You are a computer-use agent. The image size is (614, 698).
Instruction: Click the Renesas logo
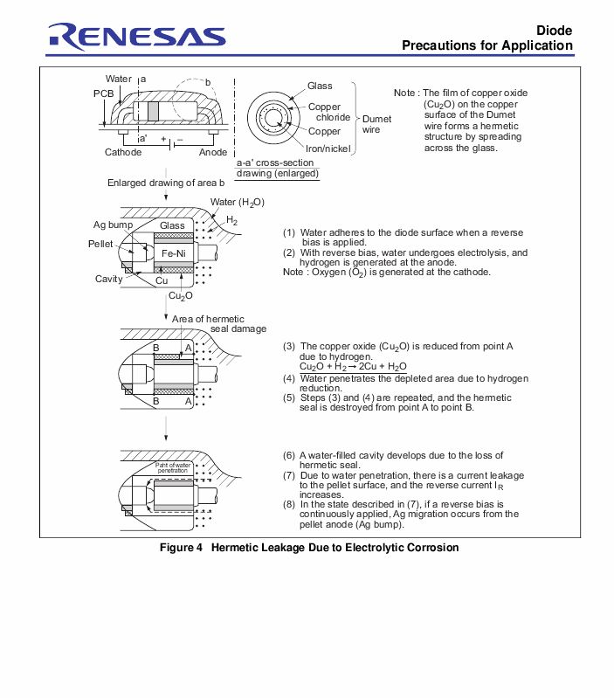[136, 37]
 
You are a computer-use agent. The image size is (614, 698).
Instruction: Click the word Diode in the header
[554, 30]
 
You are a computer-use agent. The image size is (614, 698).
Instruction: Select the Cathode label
[123, 152]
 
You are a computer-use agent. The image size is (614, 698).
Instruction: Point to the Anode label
[213, 152]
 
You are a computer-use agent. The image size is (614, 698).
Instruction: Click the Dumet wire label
[376, 123]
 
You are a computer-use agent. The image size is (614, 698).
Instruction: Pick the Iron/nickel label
[328, 149]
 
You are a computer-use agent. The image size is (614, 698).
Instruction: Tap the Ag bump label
[113, 225]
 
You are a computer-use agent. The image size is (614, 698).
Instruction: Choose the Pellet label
[100, 244]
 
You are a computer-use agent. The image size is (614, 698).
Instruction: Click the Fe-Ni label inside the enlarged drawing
[173, 253]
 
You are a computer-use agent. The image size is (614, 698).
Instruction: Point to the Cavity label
[109, 279]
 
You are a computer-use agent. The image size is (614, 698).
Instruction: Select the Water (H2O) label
[237, 202]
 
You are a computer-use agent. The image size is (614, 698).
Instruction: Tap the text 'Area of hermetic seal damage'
[218, 323]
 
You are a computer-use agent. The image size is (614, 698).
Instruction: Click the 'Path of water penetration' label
[173, 467]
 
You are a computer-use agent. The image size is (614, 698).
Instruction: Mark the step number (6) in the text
[289, 456]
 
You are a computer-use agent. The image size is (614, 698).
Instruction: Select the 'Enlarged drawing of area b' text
[166, 183]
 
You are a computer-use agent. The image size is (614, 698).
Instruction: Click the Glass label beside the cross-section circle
[320, 86]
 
